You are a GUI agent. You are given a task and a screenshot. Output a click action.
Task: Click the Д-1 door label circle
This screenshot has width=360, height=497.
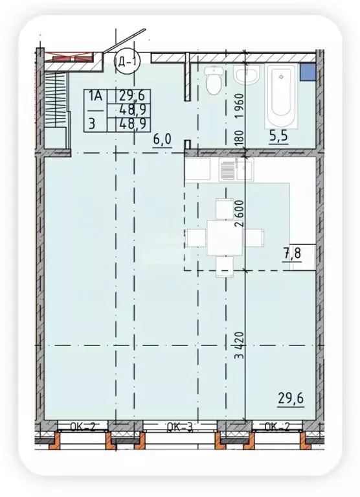tap(126, 63)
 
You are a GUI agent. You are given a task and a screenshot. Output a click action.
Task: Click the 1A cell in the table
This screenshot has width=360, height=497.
tap(96, 95)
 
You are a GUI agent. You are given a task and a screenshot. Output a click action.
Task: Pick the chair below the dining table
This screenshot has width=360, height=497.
tap(224, 265)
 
